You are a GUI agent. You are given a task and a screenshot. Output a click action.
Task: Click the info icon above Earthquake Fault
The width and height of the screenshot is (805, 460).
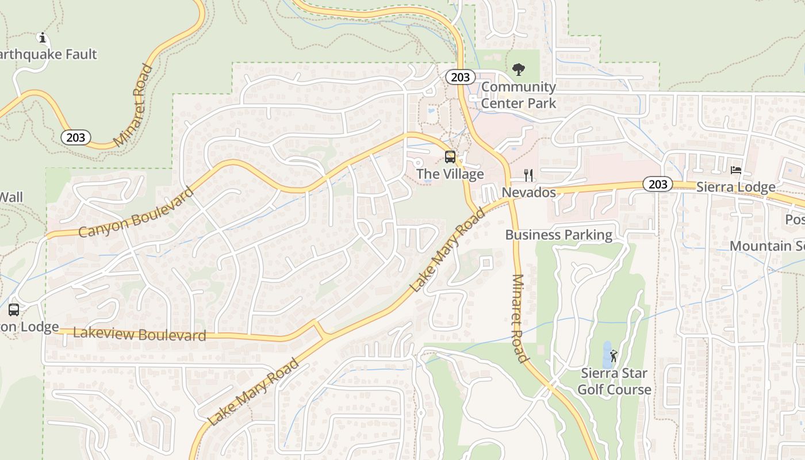coord(41,38)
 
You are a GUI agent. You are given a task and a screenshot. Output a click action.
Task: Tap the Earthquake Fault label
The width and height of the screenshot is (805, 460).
coord(48,55)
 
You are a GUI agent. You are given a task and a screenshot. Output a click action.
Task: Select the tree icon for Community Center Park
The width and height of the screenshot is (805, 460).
coord(518,70)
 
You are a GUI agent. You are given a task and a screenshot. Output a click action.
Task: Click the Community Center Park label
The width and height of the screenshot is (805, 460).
coord(519,95)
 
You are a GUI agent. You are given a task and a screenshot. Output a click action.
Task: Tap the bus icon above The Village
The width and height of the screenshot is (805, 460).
coord(450,156)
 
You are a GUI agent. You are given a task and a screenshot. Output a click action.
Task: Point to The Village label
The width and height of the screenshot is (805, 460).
coord(450,174)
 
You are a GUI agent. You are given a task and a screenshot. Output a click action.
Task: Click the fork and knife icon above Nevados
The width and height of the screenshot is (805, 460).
coord(528,175)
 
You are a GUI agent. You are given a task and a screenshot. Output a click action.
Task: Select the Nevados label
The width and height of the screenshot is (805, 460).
coord(529,192)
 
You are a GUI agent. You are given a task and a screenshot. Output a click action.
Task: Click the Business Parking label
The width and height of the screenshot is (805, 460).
coord(559,235)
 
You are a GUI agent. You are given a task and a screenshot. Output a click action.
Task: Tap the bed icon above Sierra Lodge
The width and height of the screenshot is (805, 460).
coord(735,170)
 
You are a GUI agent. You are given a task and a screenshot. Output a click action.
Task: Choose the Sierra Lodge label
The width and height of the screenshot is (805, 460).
coord(735,187)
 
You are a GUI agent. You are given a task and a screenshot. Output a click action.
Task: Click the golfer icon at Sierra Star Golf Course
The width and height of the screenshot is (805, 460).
coord(614,356)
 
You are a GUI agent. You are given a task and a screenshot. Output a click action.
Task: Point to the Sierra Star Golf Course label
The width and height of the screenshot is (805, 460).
coord(614,381)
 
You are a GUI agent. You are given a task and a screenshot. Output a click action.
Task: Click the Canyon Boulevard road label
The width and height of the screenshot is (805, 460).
coord(136,212)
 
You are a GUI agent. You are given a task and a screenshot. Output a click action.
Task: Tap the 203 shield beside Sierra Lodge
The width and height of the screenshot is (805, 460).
coord(657,184)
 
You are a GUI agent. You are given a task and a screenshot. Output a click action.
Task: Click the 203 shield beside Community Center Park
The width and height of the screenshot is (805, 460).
coord(461,77)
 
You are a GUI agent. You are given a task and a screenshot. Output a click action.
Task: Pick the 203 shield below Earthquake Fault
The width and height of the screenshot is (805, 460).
coord(75,137)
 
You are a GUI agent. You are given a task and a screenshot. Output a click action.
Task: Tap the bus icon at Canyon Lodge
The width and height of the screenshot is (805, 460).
coord(14,310)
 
